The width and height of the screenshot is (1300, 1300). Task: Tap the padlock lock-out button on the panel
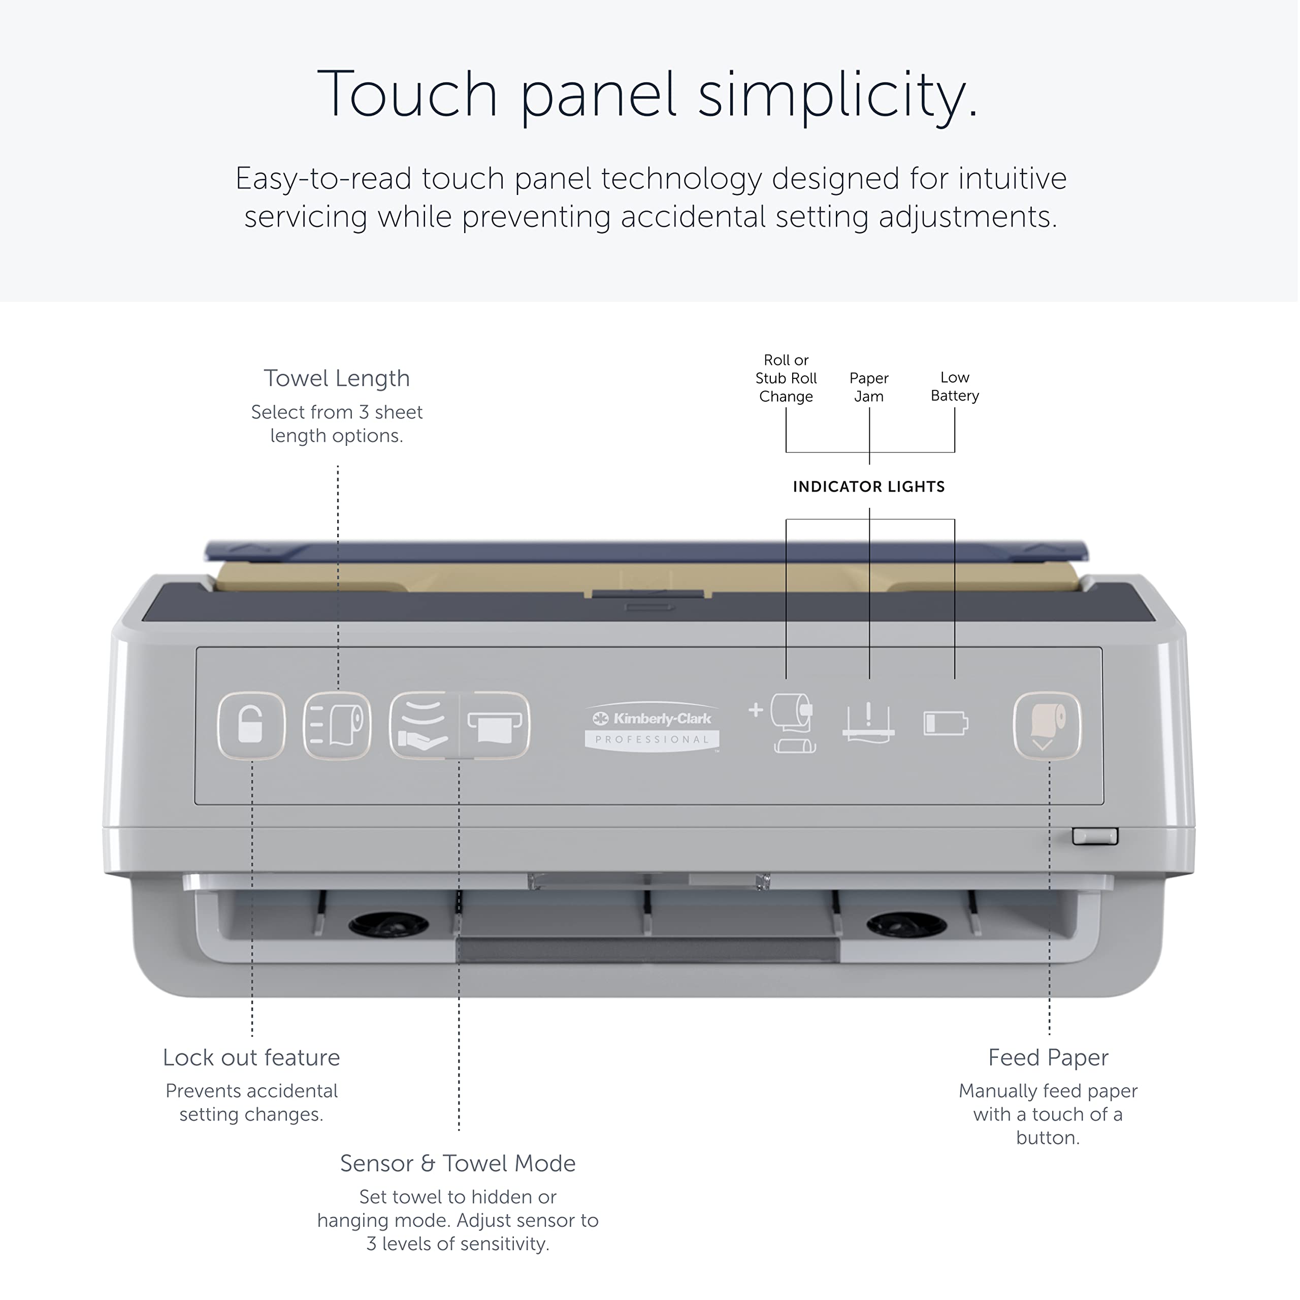click(251, 725)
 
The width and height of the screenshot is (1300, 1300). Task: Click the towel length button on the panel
click(337, 725)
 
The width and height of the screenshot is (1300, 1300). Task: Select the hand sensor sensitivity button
click(424, 725)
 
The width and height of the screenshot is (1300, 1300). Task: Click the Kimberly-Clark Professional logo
click(652, 727)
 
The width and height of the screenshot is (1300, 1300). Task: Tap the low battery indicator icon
click(946, 723)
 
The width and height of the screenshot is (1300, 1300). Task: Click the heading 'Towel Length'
click(337, 378)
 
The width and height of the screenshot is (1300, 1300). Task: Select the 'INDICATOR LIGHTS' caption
click(869, 486)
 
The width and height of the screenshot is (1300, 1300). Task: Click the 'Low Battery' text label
click(954, 386)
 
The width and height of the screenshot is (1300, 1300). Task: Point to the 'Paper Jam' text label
click(869, 387)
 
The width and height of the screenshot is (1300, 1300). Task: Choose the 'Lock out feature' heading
click(251, 1057)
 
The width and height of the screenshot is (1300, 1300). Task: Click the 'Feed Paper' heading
click(1048, 1057)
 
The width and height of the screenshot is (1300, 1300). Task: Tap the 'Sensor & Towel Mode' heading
click(458, 1163)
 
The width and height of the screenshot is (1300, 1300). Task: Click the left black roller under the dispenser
click(388, 925)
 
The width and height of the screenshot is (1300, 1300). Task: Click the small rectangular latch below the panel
click(1095, 836)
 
